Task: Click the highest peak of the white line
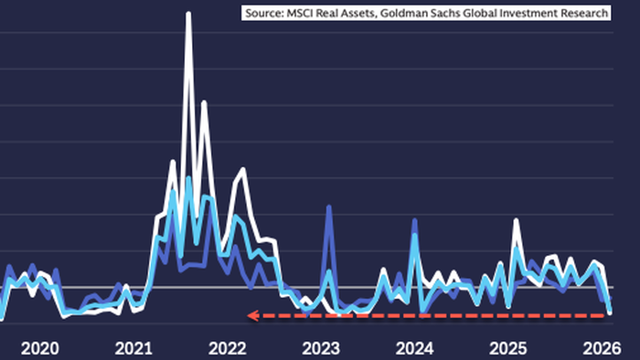click(188, 15)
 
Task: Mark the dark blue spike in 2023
click(328, 208)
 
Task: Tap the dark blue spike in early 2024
click(414, 221)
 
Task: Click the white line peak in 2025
click(517, 220)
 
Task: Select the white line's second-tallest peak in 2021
click(203, 102)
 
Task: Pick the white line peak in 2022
click(242, 169)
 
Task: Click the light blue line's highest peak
click(188, 178)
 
